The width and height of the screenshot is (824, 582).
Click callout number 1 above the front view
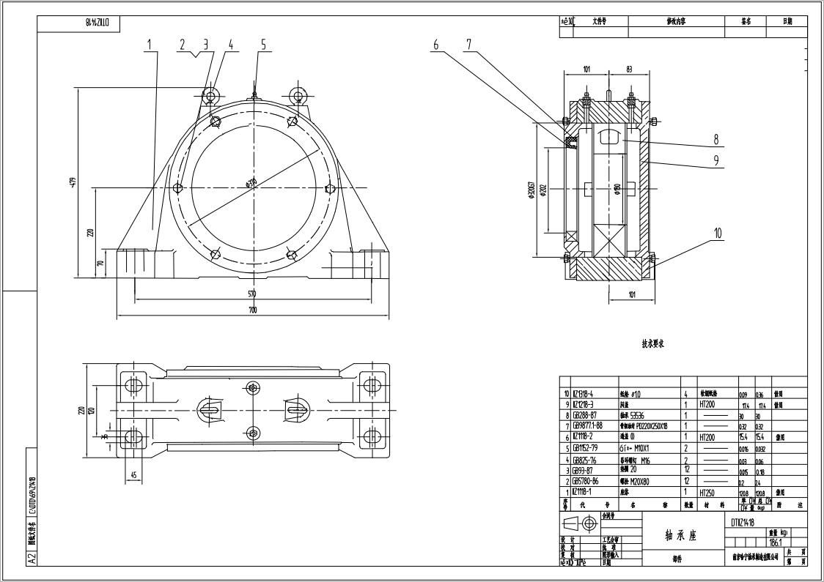click(150, 45)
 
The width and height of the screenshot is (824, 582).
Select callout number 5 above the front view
click(263, 45)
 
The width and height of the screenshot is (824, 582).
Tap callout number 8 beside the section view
click(716, 139)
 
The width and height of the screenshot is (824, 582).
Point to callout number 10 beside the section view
click(718, 234)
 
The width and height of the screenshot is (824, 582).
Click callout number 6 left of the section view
click(435, 45)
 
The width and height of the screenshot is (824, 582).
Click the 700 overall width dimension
click(253, 310)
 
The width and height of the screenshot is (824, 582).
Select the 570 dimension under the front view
click(252, 294)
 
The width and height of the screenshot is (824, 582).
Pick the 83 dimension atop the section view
click(630, 69)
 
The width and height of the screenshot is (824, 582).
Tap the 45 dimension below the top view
click(133, 475)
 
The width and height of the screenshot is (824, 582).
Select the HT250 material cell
click(707, 493)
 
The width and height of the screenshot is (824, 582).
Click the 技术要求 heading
click(653, 343)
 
